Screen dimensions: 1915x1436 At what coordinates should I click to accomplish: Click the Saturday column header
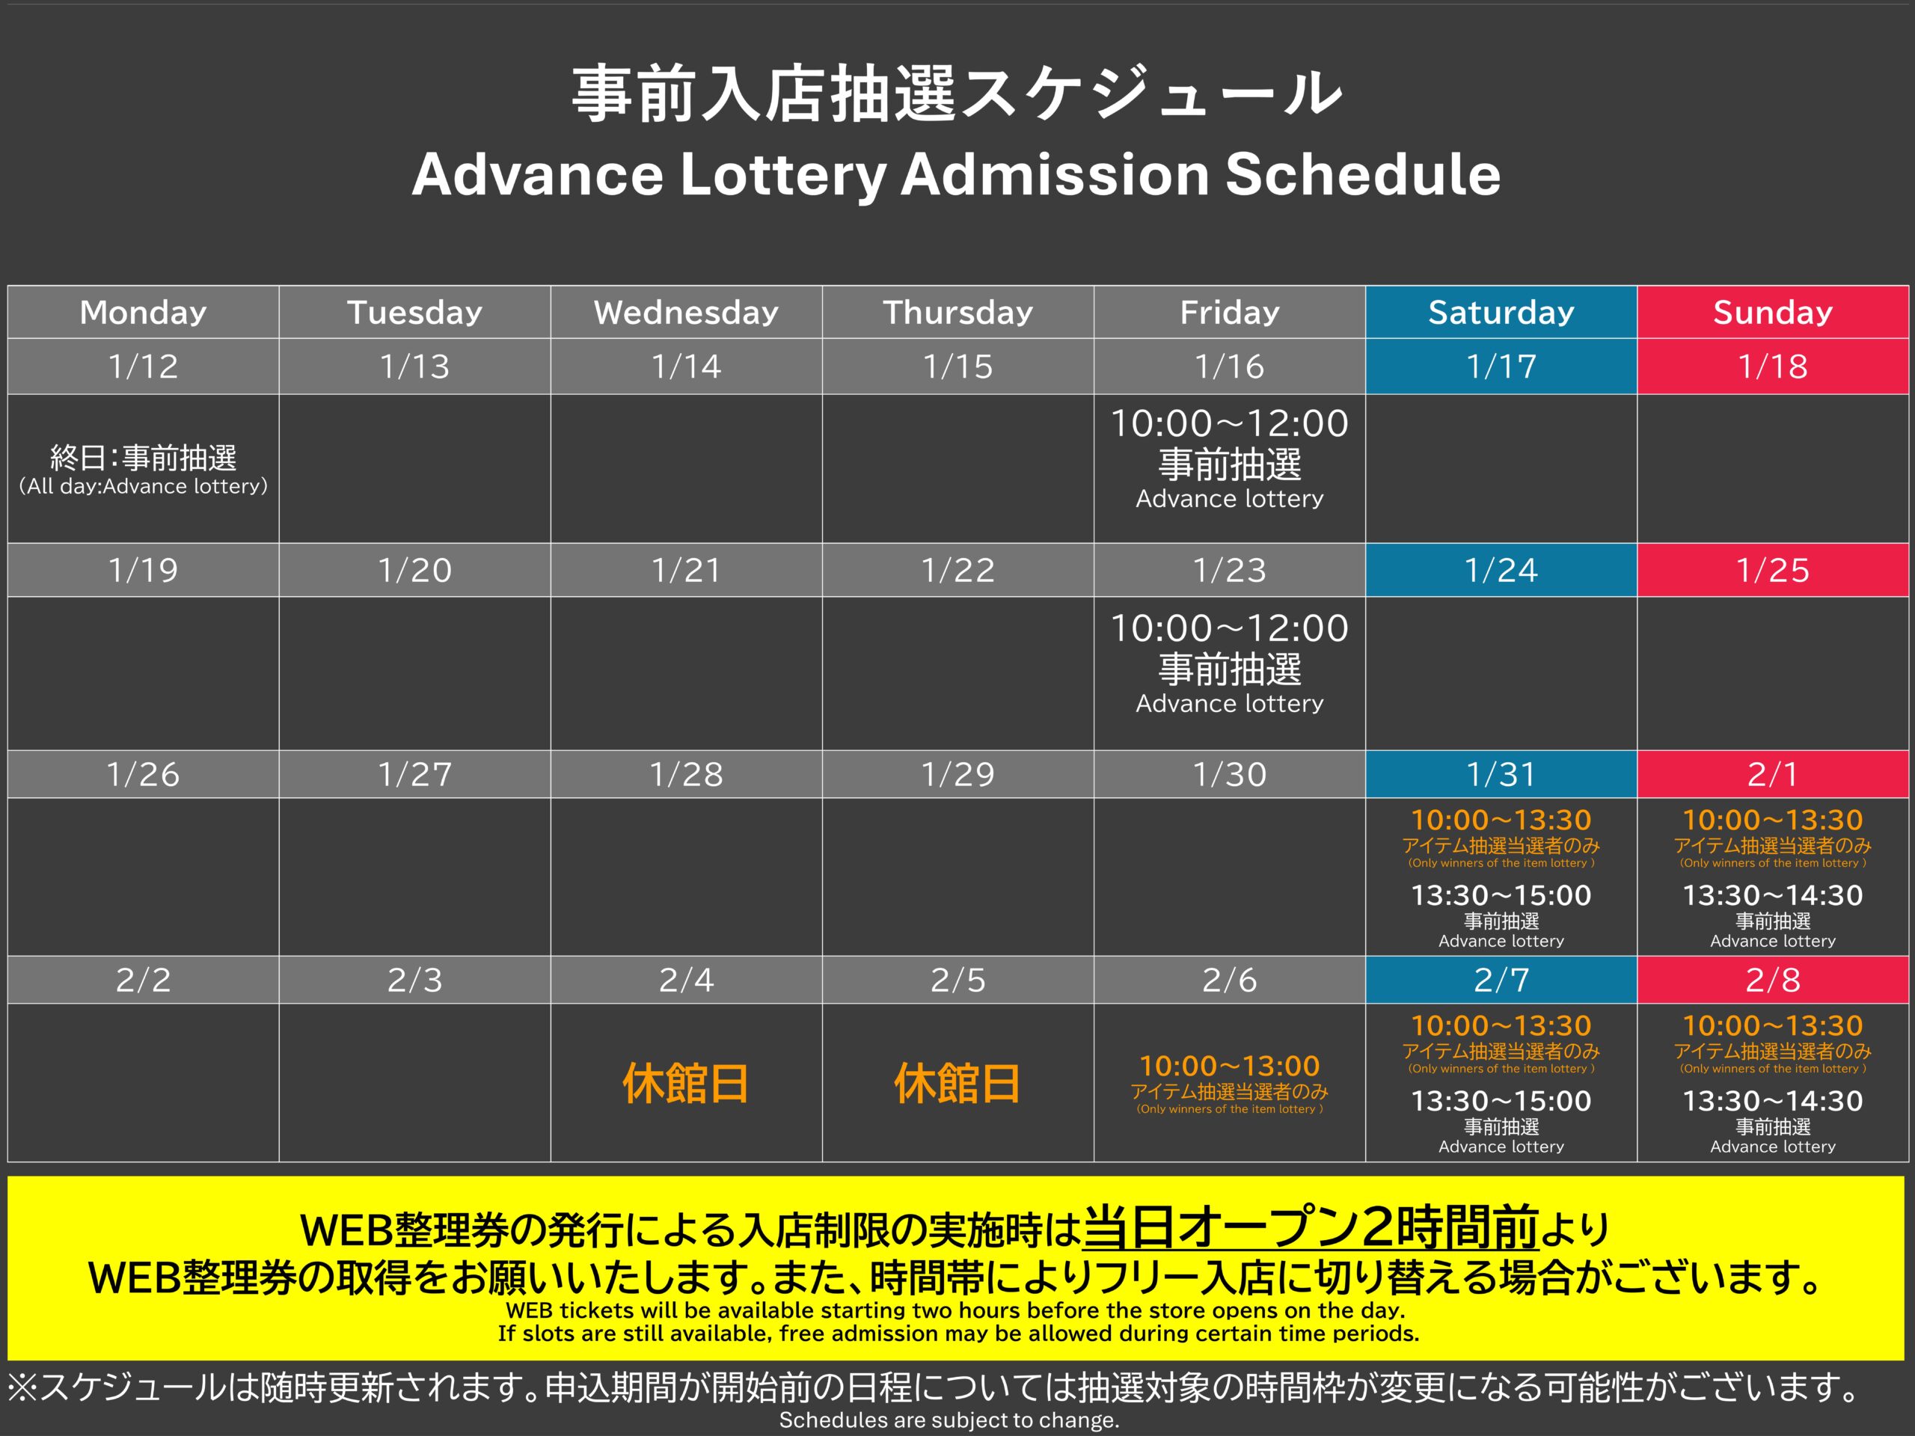[1501, 312]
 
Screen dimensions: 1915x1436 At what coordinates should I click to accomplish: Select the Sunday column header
[1773, 312]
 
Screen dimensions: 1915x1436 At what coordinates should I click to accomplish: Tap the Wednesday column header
[687, 312]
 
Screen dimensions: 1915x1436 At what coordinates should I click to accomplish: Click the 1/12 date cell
[144, 366]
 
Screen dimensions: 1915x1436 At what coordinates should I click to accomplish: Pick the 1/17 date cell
[1501, 366]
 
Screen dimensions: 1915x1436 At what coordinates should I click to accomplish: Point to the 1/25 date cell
[1773, 570]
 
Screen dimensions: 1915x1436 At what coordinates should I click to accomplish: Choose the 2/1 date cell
[1773, 774]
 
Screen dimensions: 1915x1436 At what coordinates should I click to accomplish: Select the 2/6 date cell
[1229, 980]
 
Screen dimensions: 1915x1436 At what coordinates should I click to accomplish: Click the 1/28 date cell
[687, 774]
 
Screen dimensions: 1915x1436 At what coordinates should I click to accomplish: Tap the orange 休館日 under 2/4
[686, 1083]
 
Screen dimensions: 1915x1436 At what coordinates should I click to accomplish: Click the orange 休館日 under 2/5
[957, 1083]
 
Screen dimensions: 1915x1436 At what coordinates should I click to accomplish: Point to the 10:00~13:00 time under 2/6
[1229, 1066]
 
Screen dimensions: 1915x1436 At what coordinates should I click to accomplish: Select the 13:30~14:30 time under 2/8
[1773, 1100]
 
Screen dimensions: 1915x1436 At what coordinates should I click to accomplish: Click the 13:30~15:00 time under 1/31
[1501, 895]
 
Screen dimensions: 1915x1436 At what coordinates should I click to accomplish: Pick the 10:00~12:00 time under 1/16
[1229, 423]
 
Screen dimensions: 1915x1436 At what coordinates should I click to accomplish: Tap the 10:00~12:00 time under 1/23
[1229, 628]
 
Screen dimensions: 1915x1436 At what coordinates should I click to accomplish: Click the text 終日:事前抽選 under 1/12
[144, 457]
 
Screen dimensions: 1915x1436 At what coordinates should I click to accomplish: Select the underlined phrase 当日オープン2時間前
[1311, 1227]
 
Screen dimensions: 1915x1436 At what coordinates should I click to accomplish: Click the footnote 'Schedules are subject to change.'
[949, 1420]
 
